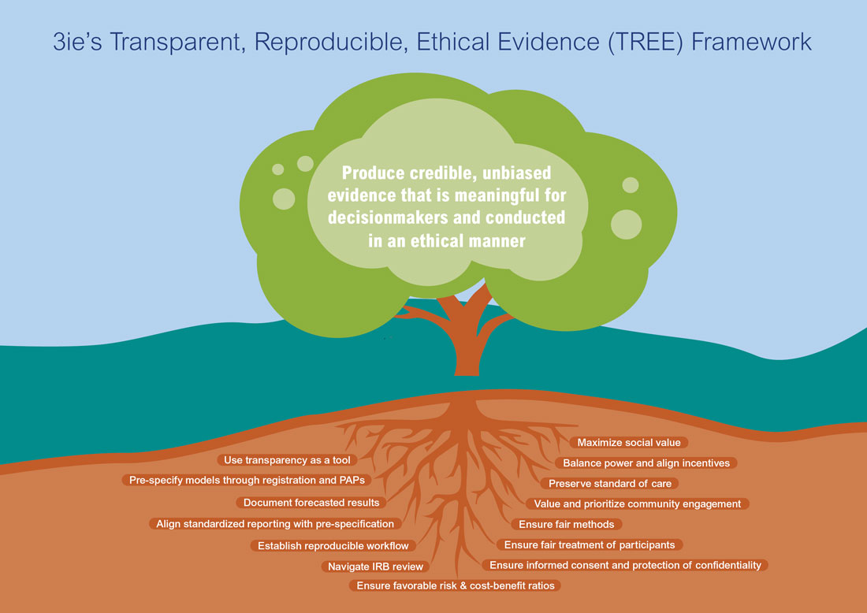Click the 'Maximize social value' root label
(629, 442)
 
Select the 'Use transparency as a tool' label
(287, 460)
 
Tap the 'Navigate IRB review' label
(375, 566)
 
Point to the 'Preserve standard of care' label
(609, 483)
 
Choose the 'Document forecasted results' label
(311, 503)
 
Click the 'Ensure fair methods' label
(566, 524)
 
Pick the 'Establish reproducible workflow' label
(333, 545)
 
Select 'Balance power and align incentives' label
(646, 463)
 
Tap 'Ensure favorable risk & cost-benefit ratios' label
(455, 585)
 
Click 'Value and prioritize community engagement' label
(637, 503)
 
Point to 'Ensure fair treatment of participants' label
(590, 544)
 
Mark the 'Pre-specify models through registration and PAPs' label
(247, 480)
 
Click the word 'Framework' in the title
(751, 42)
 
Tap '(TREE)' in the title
(646, 43)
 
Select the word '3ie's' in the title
(77, 42)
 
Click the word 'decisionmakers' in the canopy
(396, 217)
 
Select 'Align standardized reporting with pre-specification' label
(275, 523)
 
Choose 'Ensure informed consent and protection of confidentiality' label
(625, 565)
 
